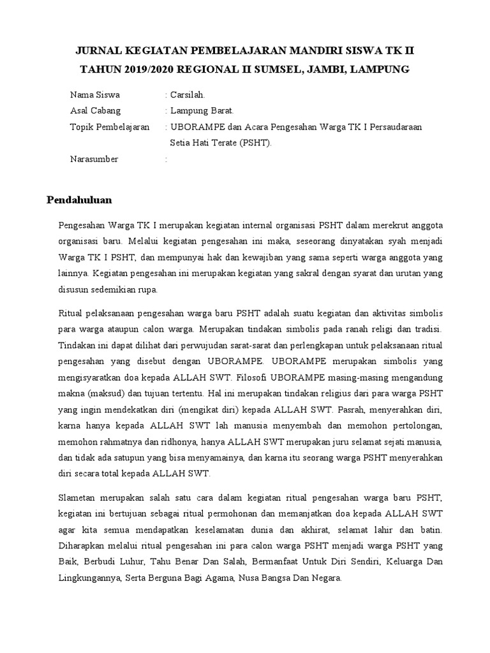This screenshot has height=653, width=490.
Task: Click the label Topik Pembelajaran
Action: (x=110, y=127)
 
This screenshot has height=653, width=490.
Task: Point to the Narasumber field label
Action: (x=94, y=159)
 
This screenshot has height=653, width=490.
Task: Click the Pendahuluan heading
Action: (x=79, y=200)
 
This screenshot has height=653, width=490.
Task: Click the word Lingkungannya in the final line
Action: (x=87, y=579)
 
